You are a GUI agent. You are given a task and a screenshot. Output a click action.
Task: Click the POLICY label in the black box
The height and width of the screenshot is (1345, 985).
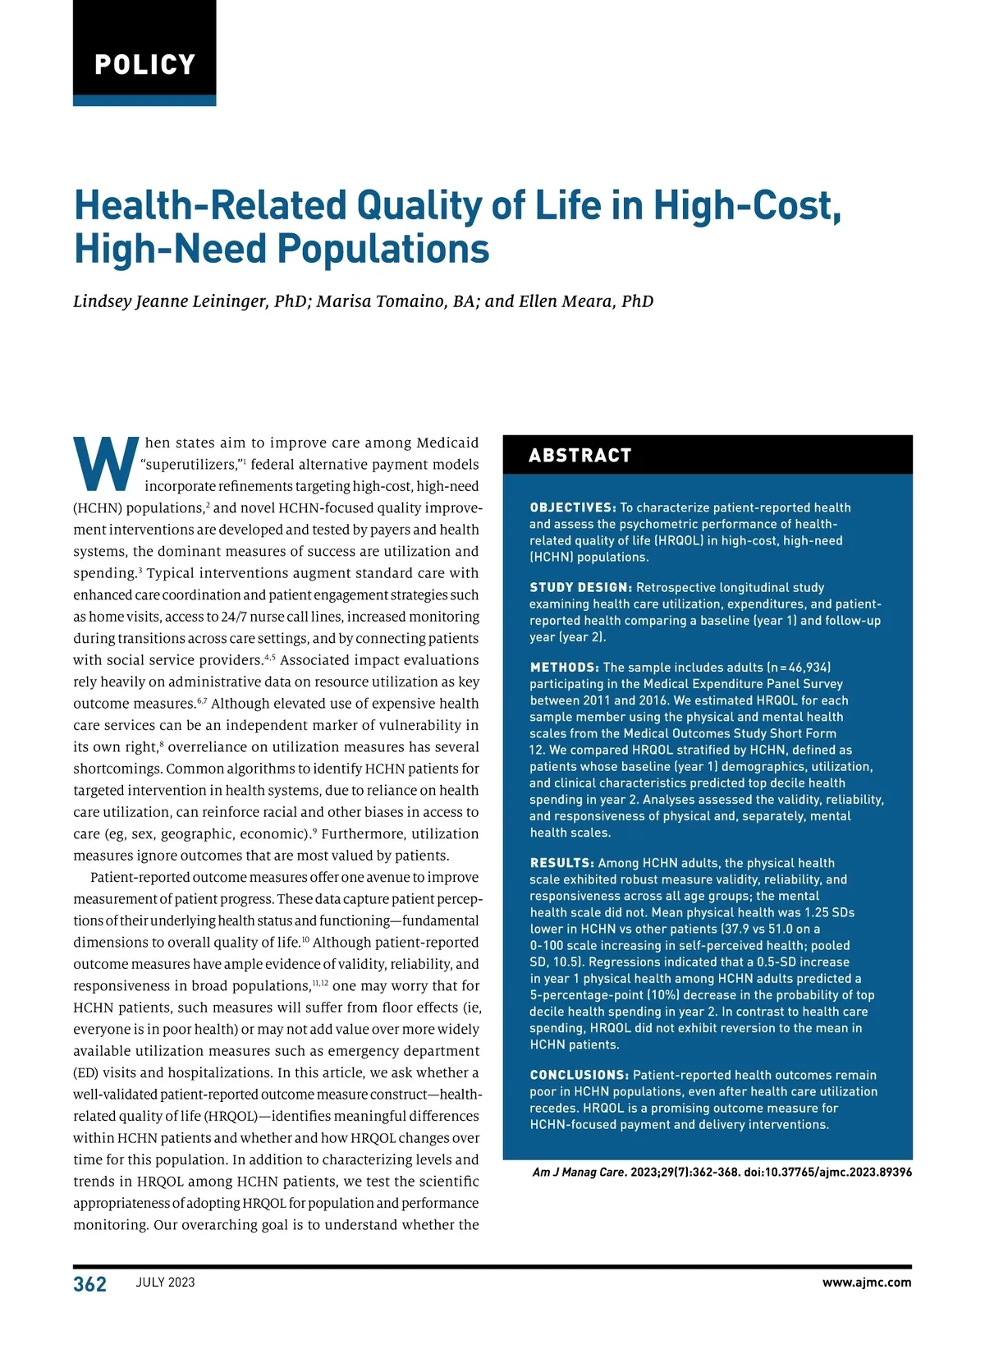coord(144,64)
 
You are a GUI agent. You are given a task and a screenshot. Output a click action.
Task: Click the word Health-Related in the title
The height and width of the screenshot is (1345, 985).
coord(209,205)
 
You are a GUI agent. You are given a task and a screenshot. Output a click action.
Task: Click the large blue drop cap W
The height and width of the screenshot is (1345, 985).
coord(106,464)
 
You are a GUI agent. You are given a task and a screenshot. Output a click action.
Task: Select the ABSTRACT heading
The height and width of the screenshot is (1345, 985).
coord(580,456)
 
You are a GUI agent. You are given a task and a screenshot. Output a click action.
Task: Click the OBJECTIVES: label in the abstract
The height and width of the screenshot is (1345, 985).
coord(572,507)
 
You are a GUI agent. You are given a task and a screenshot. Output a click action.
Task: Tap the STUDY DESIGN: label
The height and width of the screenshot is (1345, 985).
coord(580,587)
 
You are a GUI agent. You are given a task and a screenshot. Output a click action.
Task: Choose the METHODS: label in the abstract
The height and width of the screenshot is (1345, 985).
coord(564,668)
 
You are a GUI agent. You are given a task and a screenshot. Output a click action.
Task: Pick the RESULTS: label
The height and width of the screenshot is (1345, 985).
coord(561,863)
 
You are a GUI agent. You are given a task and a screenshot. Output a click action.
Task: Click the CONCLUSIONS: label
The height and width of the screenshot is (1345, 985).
coord(579,1075)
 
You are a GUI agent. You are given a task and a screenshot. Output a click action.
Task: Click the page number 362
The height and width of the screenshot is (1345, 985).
coord(89,1284)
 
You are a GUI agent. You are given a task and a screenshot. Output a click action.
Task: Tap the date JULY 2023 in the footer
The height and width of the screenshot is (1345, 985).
coord(165,1283)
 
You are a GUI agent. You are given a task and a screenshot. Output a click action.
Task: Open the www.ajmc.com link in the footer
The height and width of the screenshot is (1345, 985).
coord(866,1283)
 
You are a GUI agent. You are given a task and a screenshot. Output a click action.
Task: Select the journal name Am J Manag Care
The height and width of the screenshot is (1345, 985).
coord(578,1172)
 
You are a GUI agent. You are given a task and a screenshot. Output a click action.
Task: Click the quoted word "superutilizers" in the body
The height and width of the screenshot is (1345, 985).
coord(189,465)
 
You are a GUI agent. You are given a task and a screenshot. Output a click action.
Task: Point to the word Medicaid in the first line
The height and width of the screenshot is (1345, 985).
coord(447,443)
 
